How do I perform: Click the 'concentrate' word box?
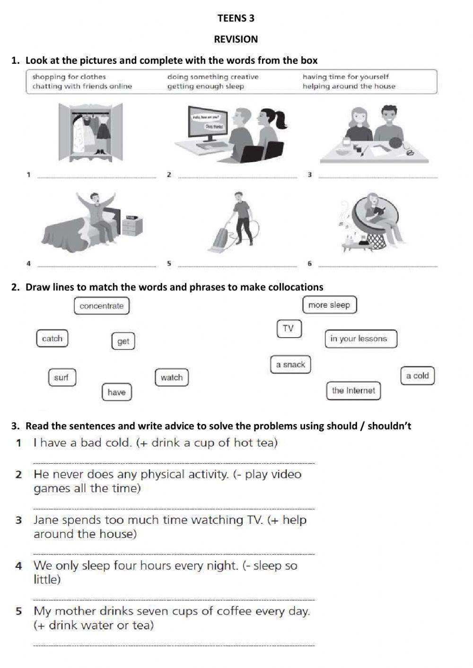coord(102,306)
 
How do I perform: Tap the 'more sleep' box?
coord(329,305)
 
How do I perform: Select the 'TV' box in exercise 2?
coord(289,329)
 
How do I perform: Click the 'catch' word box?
coord(52,338)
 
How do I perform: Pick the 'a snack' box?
coord(290,364)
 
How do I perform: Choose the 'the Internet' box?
coord(353,390)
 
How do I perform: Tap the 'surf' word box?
coord(61,377)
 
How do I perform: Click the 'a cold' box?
coord(417,376)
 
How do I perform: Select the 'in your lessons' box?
coord(359,338)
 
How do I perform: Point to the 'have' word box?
coord(116,392)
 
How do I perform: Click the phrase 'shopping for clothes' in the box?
coord(69,77)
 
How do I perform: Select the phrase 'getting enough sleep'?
coord(206,86)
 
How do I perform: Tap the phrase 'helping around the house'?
coord(349,86)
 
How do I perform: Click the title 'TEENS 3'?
coord(236,18)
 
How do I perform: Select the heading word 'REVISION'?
coord(236,39)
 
